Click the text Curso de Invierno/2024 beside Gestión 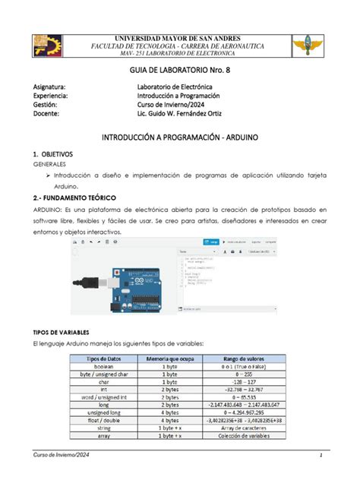point(179,106)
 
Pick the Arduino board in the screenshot point(128,285)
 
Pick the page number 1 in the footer point(322,455)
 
